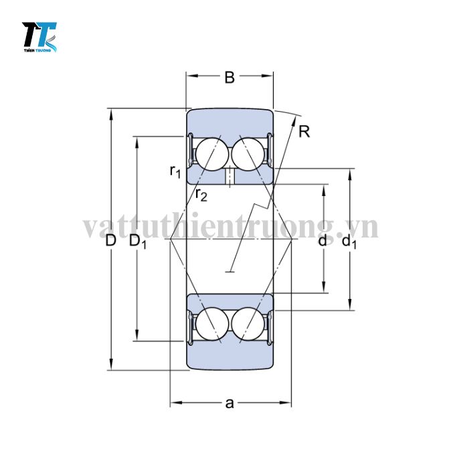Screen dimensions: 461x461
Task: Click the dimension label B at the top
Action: tap(229, 78)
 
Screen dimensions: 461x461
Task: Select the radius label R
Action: tap(304, 132)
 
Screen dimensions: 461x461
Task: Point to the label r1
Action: tap(175, 172)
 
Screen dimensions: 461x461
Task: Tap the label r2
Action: tap(201, 195)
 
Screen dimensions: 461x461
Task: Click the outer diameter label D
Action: tap(111, 240)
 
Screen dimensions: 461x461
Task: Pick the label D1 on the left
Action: tap(138, 241)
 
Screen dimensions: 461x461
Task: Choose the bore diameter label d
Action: tap(323, 240)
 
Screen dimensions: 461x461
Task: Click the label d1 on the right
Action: tap(349, 241)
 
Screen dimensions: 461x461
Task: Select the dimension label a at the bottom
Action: tap(229, 403)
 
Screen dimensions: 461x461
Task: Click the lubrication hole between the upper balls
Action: tap(229, 177)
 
